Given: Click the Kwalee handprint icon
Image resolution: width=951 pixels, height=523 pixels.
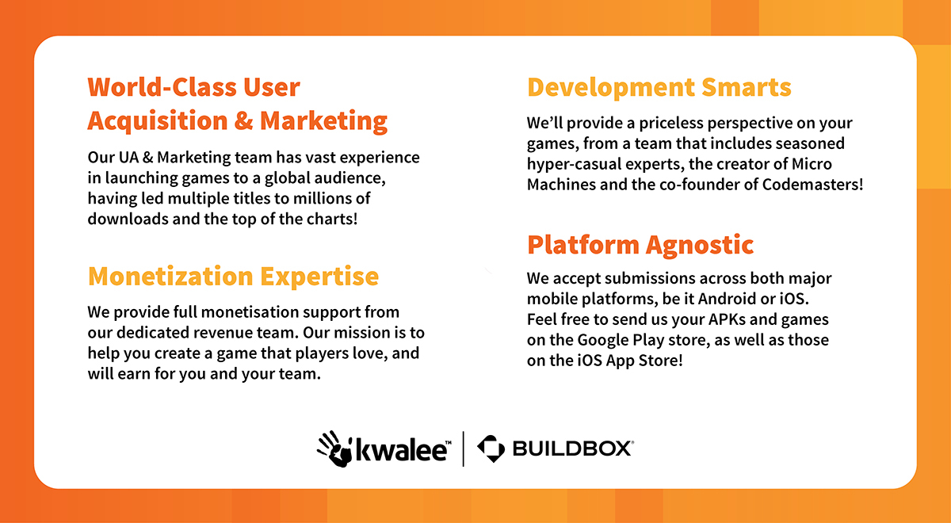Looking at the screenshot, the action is tap(335, 449).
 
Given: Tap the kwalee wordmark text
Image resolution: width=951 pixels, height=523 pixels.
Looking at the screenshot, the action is tap(401, 450).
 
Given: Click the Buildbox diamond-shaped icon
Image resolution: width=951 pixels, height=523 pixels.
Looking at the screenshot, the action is tap(491, 449).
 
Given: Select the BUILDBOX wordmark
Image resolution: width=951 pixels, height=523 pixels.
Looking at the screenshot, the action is tap(572, 449).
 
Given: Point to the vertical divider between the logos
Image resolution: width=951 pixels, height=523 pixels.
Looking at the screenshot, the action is tap(463, 449).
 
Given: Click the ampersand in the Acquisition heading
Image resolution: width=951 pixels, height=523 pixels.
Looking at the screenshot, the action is tap(244, 120).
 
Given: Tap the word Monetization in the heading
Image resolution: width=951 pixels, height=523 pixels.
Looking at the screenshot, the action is tap(170, 277).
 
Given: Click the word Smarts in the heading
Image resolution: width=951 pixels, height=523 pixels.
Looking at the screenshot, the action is tap(747, 87).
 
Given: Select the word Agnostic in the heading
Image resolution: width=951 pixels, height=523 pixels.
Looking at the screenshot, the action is tap(700, 246).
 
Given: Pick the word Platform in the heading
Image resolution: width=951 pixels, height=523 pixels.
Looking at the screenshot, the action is tap(583, 245).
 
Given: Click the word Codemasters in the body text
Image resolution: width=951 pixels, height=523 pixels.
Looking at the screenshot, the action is tap(810, 185).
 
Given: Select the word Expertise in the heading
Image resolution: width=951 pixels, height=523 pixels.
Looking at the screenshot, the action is tap(319, 277).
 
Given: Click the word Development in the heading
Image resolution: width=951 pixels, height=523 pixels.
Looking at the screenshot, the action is tap(611, 88).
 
